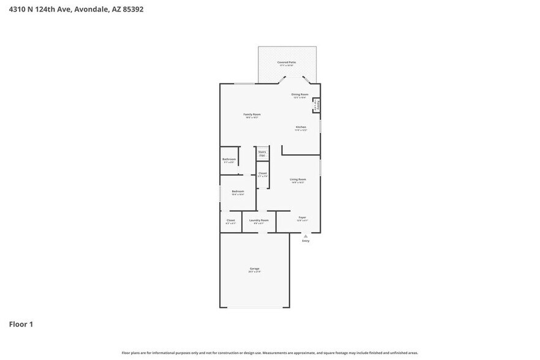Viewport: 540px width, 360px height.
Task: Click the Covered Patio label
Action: click(287, 63)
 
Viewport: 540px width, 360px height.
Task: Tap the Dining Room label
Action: click(299, 95)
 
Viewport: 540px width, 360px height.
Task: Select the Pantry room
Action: click(317, 105)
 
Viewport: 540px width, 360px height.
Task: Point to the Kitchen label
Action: click(301, 127)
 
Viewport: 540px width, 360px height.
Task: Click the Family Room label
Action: click(252, 115)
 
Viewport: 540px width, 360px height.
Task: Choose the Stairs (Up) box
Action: click(262, 153)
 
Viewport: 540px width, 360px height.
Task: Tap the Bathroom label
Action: click(229, 160)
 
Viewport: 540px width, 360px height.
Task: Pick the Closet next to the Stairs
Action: click(262, 174)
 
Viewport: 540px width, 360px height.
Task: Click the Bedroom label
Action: click(238, 192)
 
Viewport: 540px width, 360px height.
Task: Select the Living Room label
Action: click(298, 180)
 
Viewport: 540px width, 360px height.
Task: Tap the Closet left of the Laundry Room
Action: click(231, 221)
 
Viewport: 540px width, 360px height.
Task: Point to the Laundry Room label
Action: click(258, 221)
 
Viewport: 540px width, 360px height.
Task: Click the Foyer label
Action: click(302, 218)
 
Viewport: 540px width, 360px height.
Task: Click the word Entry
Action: click(306, 241)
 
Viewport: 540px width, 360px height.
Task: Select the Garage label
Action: click(254, 269)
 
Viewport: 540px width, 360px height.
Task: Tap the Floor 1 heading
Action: click(21, 324)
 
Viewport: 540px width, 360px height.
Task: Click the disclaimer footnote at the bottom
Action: click(269, 353)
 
